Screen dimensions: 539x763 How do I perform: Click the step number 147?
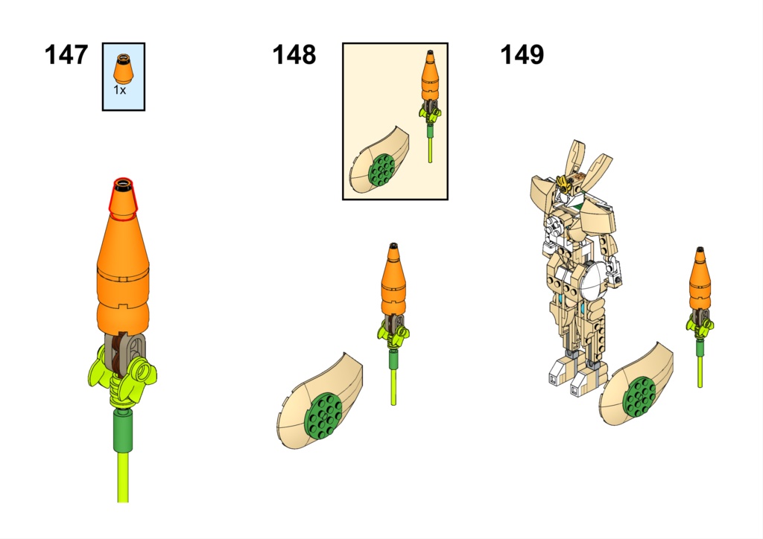66,55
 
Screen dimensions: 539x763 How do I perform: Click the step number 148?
294,55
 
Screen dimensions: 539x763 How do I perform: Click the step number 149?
522,55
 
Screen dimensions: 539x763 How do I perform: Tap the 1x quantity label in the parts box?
119,89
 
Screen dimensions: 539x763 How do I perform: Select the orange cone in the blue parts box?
123,70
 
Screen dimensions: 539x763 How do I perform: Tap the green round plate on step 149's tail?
641,395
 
